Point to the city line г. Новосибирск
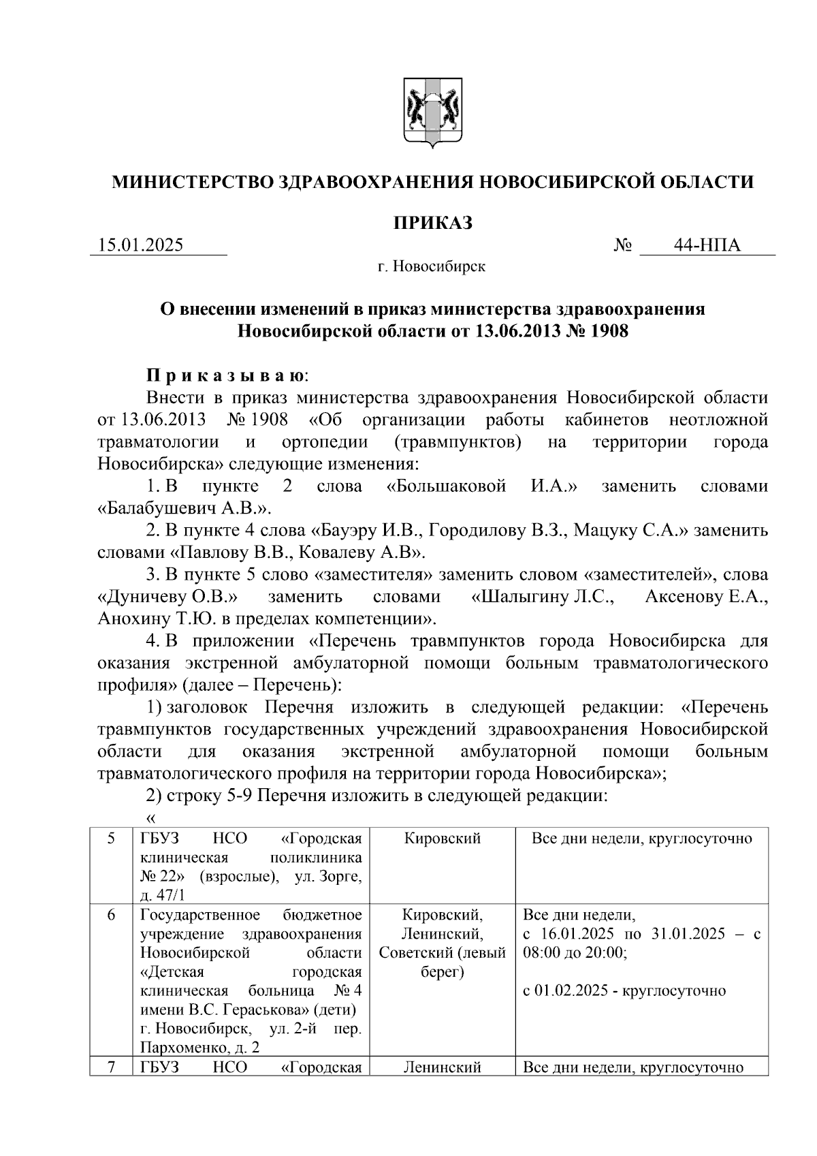tap(432, 266)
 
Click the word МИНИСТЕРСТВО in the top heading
tap(192, 183)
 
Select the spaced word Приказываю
tap(227, 375)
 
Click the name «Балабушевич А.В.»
tap(185, 508)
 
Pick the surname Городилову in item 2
tap(477, 531)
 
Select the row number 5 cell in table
tap(110, 839)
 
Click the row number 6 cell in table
tap(110, 915)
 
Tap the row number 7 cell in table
tap(110, 1067)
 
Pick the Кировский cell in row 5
tap(442, 839)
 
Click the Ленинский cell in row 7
tap(442, 1067)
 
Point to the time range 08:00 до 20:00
tap(575, 953)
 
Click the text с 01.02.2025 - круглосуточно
tap(624, 990)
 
